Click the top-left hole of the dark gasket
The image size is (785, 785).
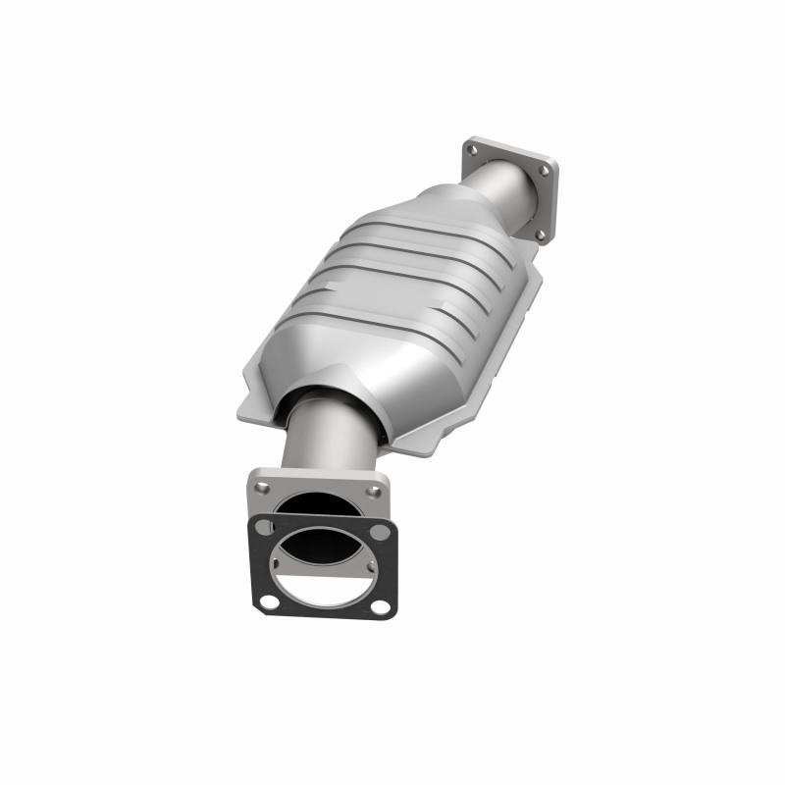pos(261,527)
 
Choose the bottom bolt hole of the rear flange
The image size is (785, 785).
pos(539,235)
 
